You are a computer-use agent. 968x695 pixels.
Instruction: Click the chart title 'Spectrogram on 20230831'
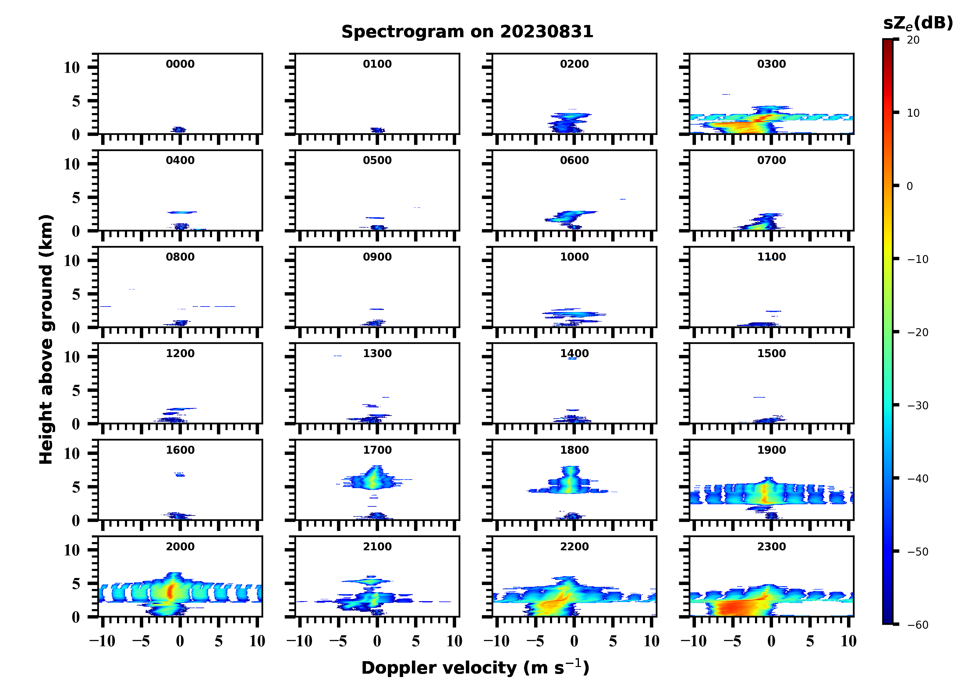(467, 32)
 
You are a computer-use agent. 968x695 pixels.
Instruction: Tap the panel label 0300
(771, 64)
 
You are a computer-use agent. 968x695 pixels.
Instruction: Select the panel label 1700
(377, 450)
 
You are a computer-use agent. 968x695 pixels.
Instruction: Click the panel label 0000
(180, 64)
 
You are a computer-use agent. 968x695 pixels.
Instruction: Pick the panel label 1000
(574, 257)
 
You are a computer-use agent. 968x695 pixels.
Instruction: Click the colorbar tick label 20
(913, 40)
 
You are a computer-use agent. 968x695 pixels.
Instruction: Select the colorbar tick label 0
(909, 186)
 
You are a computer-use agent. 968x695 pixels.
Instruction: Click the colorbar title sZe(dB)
(918, 23)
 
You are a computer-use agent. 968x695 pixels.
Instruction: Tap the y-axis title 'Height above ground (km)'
(46, 339)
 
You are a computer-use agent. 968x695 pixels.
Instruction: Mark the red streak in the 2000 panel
(170, 591)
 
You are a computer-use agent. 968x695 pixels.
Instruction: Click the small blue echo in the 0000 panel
(179, 130)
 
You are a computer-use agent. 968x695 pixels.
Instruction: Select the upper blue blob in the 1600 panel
(180, 474)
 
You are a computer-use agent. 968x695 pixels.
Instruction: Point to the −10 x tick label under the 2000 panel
(102, 641)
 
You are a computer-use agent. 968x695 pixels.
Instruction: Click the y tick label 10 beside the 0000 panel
(72, 67)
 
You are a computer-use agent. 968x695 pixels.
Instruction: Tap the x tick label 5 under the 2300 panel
(810, 641)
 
